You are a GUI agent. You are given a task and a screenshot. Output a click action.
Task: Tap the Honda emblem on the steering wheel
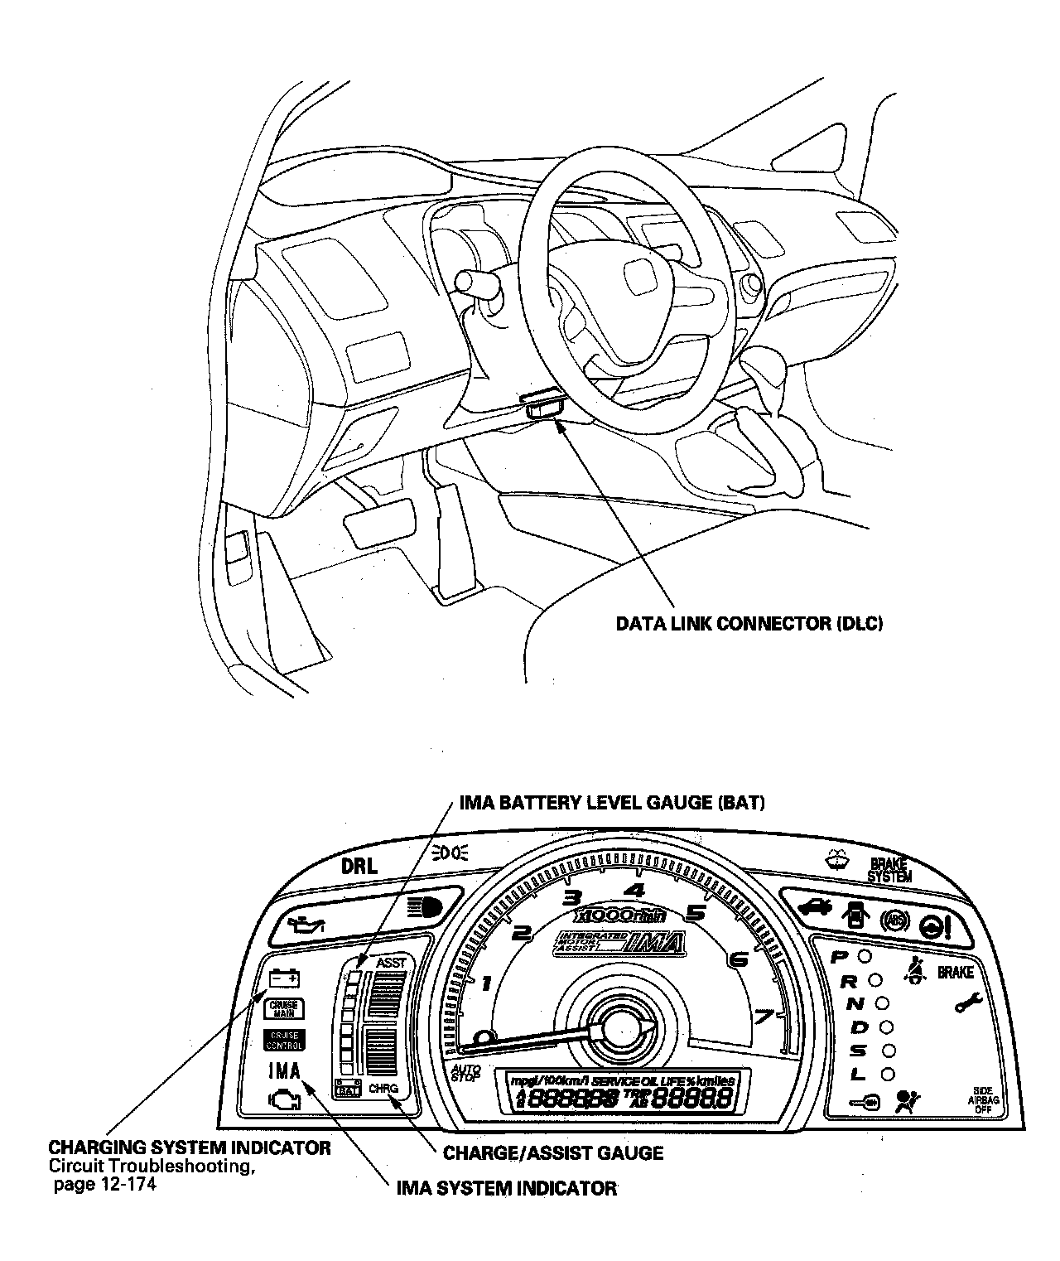639,277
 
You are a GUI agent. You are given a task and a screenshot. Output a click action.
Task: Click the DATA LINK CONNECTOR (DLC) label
749,623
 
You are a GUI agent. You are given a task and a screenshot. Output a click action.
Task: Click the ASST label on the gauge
391,963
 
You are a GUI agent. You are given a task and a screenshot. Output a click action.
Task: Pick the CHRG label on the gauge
383,1088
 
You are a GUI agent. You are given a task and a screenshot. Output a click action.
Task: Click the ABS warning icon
894,920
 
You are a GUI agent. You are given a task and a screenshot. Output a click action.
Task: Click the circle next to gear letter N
883,1003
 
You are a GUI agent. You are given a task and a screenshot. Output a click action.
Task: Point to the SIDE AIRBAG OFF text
981,1100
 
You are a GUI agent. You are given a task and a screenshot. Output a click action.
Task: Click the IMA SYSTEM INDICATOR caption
507,1188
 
